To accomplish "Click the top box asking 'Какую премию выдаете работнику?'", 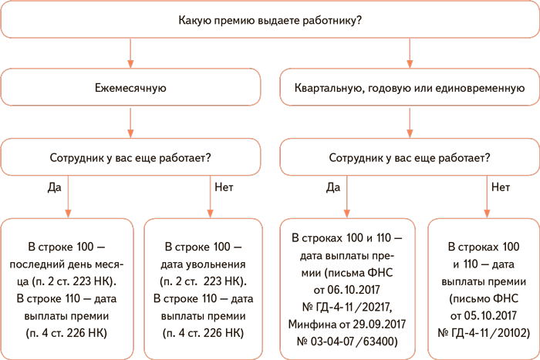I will [x=269, y=21].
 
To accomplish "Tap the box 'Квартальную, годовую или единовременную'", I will [x=409, y=89].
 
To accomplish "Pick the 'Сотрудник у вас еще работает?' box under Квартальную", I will [x=409, y=158].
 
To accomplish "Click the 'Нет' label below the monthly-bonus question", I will [x=224, y=187].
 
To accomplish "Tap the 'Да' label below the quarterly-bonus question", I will [x=333, y=187].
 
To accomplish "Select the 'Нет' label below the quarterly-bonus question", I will [x=501, y=187].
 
